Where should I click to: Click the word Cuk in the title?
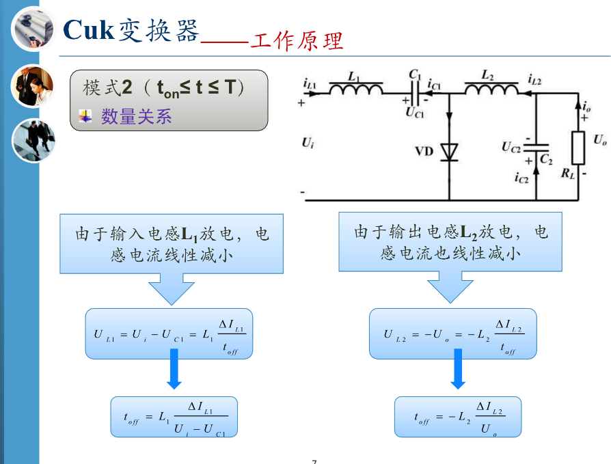pos(87,30)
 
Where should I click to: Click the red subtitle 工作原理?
pos(297,41)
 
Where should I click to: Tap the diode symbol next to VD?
pos(449,151)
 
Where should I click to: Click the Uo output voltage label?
pos(599,139)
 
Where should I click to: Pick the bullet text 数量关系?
pos(137,117)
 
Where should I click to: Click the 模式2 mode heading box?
pos(169,100)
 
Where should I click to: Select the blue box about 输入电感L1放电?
pos(172,243)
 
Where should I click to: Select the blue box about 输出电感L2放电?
pos(450,242)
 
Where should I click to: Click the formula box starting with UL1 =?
pos(169,333)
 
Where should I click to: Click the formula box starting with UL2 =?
pos(452,333)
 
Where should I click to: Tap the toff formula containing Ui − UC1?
pos(174,417)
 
